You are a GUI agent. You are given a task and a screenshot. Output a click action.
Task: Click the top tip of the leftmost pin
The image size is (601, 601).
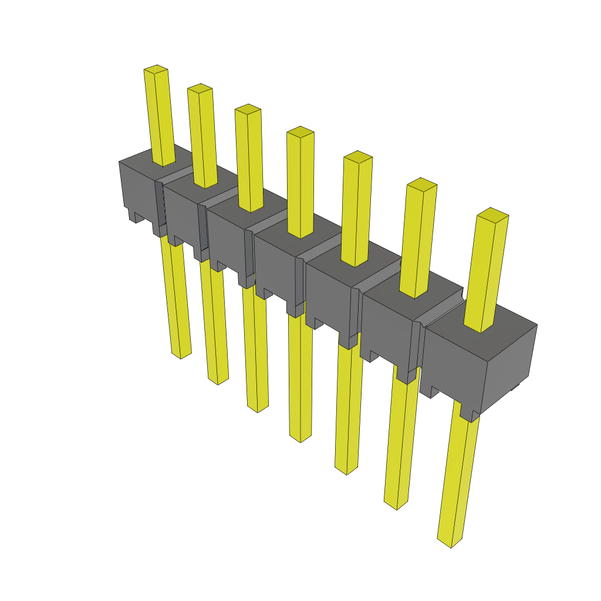(156, 69)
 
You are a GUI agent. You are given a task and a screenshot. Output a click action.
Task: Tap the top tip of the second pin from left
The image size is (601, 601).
(200, 88)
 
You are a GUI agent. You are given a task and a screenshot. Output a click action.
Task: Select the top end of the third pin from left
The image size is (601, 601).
(248, 109)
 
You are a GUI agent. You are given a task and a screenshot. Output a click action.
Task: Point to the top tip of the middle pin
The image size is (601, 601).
(300, 131)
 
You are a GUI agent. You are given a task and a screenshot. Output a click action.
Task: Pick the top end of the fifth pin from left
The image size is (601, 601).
(357, 157)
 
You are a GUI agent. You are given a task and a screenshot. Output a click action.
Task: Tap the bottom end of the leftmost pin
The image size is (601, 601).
(181, 354)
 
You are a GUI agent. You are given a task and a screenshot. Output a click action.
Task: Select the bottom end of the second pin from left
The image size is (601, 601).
(218, 380)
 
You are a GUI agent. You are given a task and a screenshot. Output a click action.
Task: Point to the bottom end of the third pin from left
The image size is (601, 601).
(258, 407)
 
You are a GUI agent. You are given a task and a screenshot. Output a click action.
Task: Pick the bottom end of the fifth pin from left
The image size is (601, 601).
(346, 470)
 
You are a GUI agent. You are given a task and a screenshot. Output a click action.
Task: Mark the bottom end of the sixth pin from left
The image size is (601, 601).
(397, 505)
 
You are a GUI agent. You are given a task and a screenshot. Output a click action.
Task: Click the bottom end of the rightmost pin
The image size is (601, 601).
(451, 543)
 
